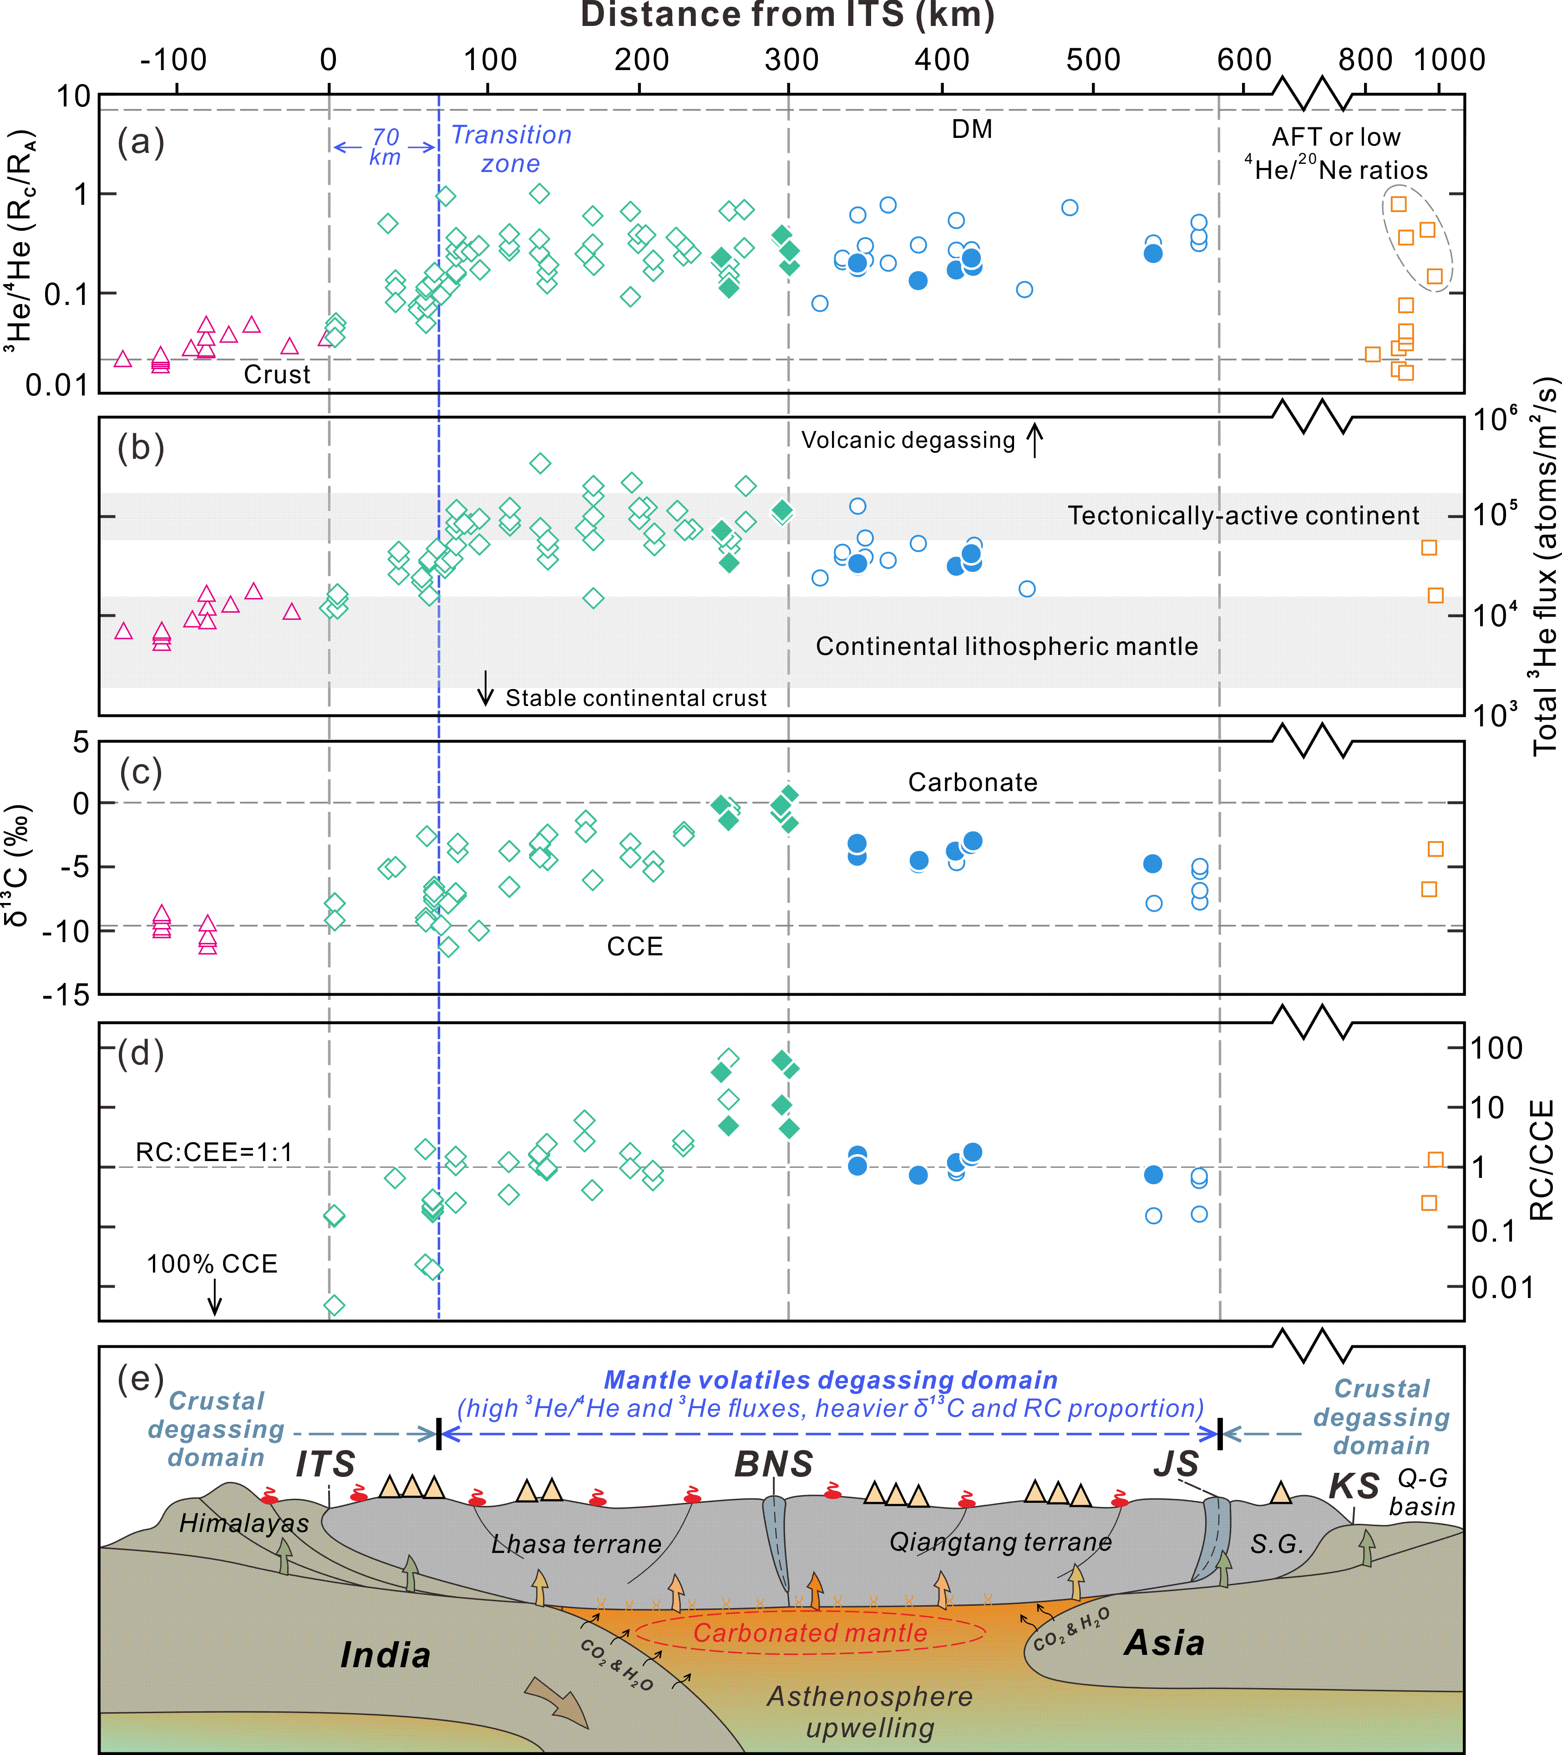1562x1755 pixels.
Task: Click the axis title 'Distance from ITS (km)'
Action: [x=787, y=15]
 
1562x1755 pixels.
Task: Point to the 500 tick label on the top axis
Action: [x=1093, y=60]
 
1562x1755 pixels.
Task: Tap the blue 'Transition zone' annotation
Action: [x=511, y=148]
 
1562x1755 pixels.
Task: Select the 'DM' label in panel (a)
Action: [x=972, y=130]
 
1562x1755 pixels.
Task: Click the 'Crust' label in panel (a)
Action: [x=277, y=375]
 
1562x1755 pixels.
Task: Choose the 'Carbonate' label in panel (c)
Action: [x=973, y=782]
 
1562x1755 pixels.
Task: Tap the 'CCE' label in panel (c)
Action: [x=634, y=946]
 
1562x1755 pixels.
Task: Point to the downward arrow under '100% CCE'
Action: [x=215, y=1297]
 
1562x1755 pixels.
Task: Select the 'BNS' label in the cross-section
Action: [x=774, y=1464]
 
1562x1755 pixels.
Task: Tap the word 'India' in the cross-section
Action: [x=385, y=1654]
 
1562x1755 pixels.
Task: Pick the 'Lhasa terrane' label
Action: [x=576, y=1544]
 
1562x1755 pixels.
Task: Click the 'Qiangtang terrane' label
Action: [x=1000, y=1542]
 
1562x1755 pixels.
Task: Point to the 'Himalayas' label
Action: [x=244, y=1523]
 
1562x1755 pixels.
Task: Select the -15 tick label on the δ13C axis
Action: [x=67, y=994]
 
